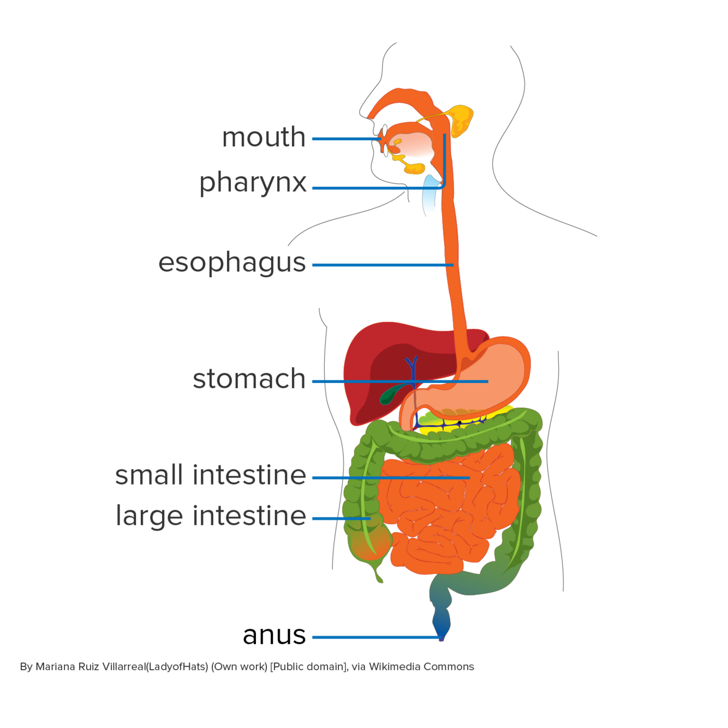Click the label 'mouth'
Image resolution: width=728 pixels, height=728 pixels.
(x=264, y=138)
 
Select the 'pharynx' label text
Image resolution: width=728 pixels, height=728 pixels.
(x=253, y=183)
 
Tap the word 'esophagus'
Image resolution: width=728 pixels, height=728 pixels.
(x=232, y=263)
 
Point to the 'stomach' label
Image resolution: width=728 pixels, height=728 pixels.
(x=249, y=379)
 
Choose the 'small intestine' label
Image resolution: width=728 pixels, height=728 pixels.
(x=211, y=475)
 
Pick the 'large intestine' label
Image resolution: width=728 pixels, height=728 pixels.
(x=211, y=516)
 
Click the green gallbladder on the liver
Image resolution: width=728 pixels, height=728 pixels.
(x=392, y=393)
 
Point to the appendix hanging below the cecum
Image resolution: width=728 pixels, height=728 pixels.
(x=377, y=573)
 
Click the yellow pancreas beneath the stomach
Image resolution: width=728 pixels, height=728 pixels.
(x=491, y=417)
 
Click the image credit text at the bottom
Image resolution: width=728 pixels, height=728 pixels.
(x=247, y=666)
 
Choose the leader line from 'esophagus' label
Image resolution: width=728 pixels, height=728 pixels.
(x=382, y=265)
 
